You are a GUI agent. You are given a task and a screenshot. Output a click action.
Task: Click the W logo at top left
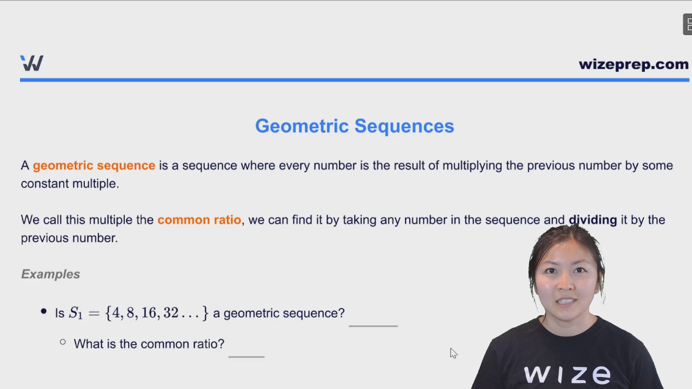click(32, 63)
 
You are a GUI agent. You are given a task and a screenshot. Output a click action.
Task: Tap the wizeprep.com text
click(633, 64)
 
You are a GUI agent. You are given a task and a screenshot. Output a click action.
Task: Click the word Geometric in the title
click(302, 126)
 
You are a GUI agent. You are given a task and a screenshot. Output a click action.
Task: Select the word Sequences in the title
click(404, 126)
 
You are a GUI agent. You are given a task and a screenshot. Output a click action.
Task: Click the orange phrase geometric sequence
click(94, 166)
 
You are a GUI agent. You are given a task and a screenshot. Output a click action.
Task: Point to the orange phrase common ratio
click(199, 220)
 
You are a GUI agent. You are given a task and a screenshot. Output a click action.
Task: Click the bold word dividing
click(593, 220)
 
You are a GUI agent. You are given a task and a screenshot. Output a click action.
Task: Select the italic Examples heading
click(50, 274)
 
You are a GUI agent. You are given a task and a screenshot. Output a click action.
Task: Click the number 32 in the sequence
click(170, 313)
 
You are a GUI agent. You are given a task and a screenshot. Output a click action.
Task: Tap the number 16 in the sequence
click(148, 313)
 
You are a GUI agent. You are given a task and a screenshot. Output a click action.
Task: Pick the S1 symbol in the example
click(76, 313)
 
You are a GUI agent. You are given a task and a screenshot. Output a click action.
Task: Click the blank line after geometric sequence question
click(373, 325)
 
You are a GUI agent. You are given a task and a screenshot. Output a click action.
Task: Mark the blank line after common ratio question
click(247, 356)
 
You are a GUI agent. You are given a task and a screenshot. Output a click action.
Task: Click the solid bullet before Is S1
click(44, 312)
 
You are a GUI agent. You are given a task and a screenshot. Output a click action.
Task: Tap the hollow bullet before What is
click(63, 342)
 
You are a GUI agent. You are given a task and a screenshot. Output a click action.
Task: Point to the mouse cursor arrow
click(453, 353)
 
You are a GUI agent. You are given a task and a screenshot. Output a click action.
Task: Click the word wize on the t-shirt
click(567, 375)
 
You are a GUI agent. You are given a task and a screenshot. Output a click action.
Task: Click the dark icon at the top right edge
click(688, 24)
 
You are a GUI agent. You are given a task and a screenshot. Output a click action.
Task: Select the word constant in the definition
click(45, 184)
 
